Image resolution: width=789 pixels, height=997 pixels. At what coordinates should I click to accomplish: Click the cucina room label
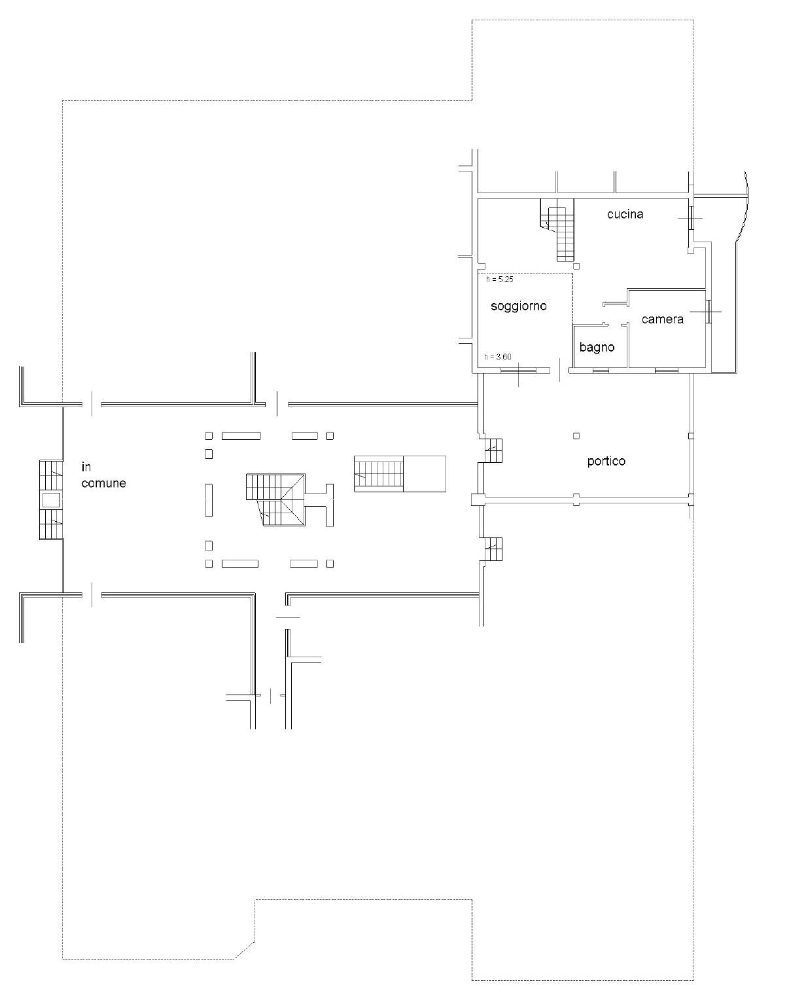[625, 214]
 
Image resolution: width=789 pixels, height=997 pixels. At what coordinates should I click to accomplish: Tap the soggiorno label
[519, 306]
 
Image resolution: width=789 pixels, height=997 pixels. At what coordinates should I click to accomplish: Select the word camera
[663, 319]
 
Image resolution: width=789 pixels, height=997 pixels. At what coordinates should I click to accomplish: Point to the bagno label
[597, 347]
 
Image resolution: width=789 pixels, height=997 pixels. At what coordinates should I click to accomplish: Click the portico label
[606, 461]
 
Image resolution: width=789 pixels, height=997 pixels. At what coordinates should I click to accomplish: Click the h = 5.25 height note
[500, 280]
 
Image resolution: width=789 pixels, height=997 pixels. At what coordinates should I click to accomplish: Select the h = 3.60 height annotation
[498, 357]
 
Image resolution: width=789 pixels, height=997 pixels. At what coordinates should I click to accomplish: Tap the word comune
[104, 483]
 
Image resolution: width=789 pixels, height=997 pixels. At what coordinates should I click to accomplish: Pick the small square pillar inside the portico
[576, 436]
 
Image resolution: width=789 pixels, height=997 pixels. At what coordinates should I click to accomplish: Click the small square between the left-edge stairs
[51, 500]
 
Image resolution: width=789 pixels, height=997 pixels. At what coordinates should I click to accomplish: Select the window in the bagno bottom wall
[601, 370]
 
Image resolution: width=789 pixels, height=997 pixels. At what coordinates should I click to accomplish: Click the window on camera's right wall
[708, 312]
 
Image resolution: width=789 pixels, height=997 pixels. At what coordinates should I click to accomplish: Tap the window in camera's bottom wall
[666, 370]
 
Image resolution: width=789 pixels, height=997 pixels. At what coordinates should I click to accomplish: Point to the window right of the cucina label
[690, 218]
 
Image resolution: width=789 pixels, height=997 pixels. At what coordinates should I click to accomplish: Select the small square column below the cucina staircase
[576, 266]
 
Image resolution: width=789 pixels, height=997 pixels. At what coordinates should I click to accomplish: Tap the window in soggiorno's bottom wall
[518, 370]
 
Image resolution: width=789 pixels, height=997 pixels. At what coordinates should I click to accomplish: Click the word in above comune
[86, 467]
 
